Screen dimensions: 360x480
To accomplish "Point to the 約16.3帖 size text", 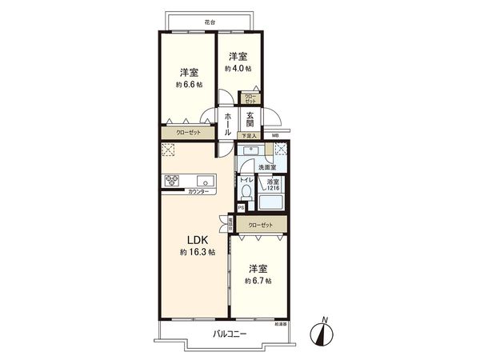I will click(x=197, y=253).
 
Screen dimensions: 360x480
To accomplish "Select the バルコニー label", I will click(x=230, y=334).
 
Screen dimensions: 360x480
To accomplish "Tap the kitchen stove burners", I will click(x=174, y=180).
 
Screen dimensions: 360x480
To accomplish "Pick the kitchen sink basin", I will click(x=201, y=179).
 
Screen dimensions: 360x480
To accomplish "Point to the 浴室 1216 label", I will click(x=273, y=185).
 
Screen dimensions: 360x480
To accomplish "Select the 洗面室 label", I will click(x=266, y=167).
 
